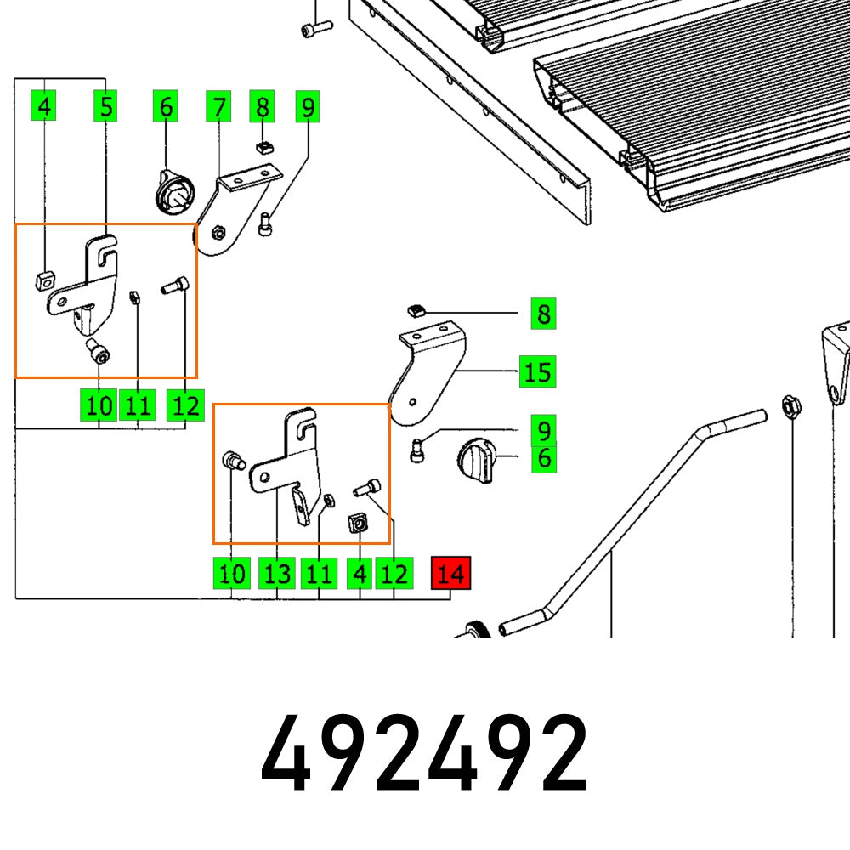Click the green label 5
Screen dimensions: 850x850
pyautogui.click(x=105, y=107)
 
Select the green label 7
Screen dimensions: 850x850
pyautogui.click(x=219, y=107)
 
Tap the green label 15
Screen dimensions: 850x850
pyautogui.click(x=537, y=371)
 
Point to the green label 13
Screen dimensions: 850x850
pyautogui.click(x=277, y=574)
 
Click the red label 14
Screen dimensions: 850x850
pyautogui.click(x=450, y=574)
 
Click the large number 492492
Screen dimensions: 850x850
pyautogui.click(x=424, y=752)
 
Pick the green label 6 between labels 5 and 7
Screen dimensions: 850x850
pyautogui.click(x=166, y=107)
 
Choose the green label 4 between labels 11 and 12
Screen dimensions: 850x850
pyautogui.click(x=360, y=574)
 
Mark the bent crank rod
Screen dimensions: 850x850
pyautogui.click(x=612, y=527)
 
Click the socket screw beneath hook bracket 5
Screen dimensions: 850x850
pyautogui.click(x=99, y=351)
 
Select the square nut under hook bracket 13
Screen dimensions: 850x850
pyautogui.click(x=357, y=524)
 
